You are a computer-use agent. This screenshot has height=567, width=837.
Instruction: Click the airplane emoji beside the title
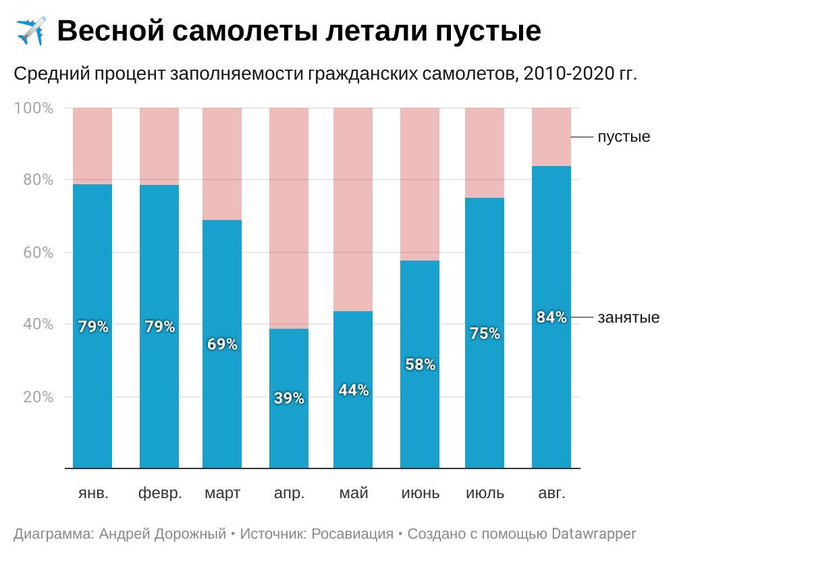30,31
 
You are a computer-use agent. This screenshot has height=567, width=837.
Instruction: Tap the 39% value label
289,398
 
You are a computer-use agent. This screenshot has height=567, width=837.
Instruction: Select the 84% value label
551,317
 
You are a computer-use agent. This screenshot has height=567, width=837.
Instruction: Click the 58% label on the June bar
420,364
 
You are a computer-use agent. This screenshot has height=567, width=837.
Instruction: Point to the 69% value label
222,344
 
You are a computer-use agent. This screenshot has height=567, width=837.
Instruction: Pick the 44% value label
353,390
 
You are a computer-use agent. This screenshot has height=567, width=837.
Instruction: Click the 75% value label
485,333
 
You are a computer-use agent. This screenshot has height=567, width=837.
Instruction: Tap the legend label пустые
624,137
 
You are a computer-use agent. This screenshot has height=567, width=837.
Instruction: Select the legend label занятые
628,317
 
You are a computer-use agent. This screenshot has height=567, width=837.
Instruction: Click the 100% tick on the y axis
34,108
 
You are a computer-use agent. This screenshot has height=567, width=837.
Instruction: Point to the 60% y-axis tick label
38,252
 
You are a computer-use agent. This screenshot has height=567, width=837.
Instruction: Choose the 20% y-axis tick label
38,397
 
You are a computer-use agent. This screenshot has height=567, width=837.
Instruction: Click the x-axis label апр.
289,493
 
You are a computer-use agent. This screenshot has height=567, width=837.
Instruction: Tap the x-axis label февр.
160,493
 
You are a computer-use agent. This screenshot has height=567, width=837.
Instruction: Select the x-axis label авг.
551,493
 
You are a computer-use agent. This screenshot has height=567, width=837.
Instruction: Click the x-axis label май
353,493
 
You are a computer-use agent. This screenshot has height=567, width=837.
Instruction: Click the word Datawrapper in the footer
593,534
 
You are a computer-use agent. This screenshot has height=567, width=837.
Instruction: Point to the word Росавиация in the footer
351,534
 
